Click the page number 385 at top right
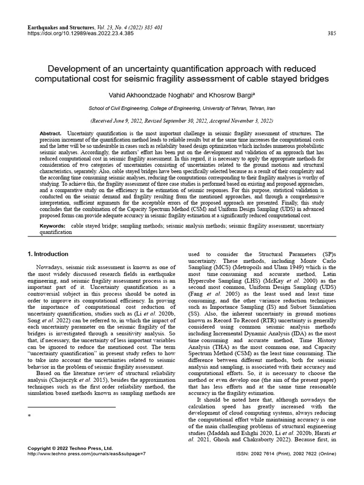pyautogui.click(x=332, y=34)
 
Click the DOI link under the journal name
pyautogui.click(x=80, y=34)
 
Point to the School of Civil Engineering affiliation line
pyautogui.click(x=182, y=108)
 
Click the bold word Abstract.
pyautogui.click(x=51, y=134)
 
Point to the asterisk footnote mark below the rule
pyautogui.click(x=29, y=416)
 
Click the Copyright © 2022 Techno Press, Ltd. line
pyautogui.click(x=70, y=448)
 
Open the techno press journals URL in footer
pyautogui.click(x=86, y=453)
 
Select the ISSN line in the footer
pyautogui.click(x=286, y=453)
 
